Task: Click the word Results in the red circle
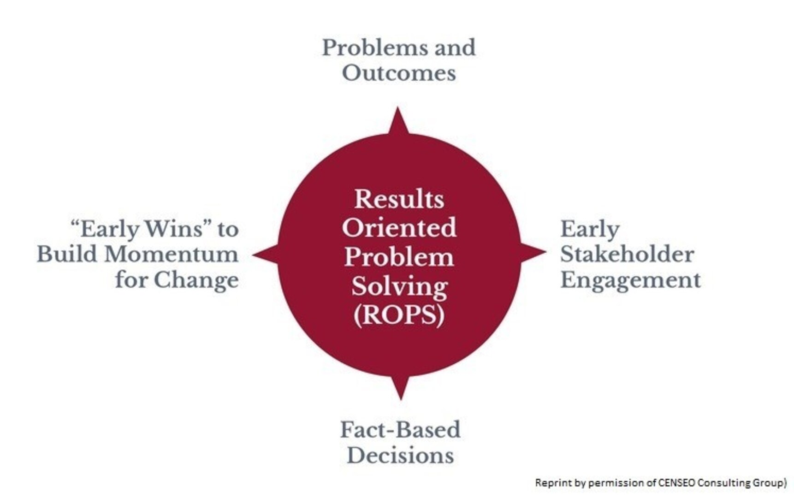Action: coord(399,199)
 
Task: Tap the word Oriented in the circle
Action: coord(399,228)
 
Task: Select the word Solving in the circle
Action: coord(399,287)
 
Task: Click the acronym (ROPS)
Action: coord(399,315)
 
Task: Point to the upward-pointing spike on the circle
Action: coord(398,121)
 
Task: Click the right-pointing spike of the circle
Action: coord(533,252)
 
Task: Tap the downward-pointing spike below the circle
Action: coord(400,386)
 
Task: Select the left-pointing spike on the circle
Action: coord(266,254)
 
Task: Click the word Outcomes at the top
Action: coord(399,73)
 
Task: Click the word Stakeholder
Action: coord(627,254)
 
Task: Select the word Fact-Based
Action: coord(400,429)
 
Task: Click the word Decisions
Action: coord(400,455)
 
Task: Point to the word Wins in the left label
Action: coord(173,229)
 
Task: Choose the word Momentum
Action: coord(171,254)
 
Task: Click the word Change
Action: coord(196,280)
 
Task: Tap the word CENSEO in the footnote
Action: coord(677,483)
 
